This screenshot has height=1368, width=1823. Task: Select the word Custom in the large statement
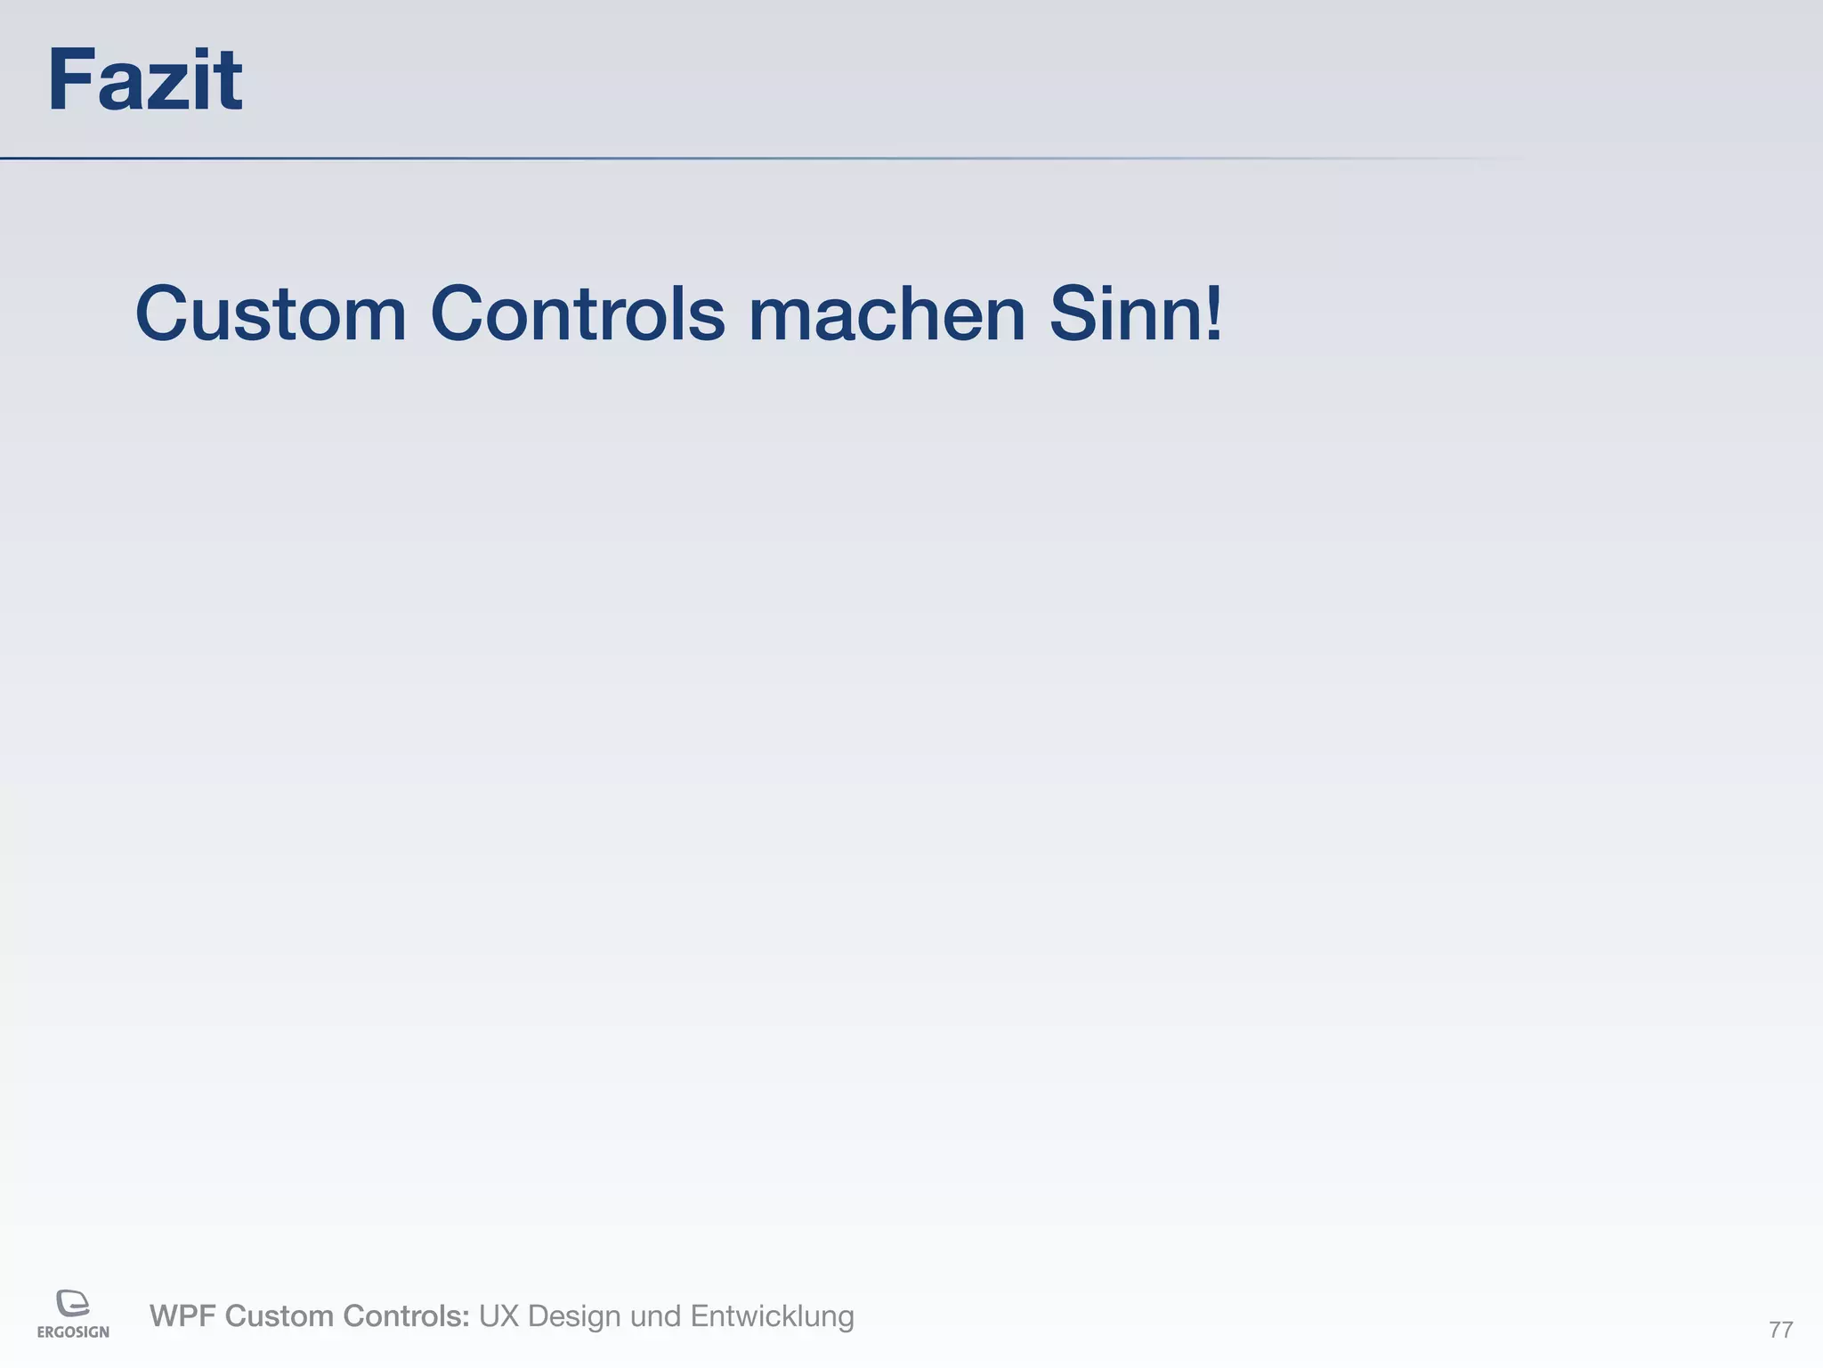(x=271, y=313)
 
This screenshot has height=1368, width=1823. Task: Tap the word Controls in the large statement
(x=578, y=313)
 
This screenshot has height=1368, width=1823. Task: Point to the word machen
(x=887, y=313)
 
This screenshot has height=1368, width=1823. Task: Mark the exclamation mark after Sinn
(x=1213, y=313)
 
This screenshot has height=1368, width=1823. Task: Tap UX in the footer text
(x=498, y=1315)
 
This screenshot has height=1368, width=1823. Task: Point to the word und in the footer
(x=655, y=1315)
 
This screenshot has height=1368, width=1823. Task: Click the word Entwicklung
(x=772, y=1316)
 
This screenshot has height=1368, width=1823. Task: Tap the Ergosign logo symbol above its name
(x=73, y=1303)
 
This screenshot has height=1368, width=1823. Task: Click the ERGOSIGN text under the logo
(x=73, y=1332)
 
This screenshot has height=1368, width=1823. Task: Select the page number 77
(x=1780, y=1330)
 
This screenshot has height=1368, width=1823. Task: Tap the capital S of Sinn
(x=1074, y=313)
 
